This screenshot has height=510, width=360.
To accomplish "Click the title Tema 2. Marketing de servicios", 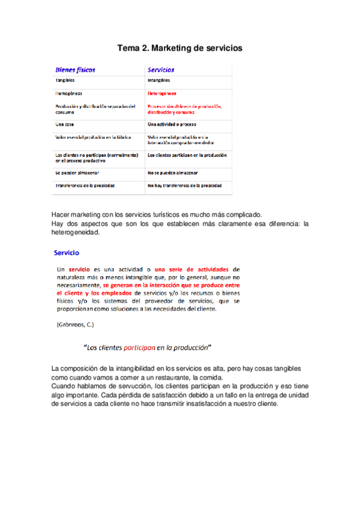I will pos(179,47).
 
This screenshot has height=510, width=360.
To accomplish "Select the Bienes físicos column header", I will pos(75,70).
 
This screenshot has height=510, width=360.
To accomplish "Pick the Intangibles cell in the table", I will pos(159,80).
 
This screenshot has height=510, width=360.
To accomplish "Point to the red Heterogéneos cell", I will pos(162,94).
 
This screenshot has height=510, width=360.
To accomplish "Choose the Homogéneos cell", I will pos(69,94).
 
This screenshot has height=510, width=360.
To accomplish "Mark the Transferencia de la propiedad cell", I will pos(85,185).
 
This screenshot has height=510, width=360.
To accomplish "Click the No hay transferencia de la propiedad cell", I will pos(189,185).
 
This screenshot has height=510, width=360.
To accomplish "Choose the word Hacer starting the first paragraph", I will pos(61,215).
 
